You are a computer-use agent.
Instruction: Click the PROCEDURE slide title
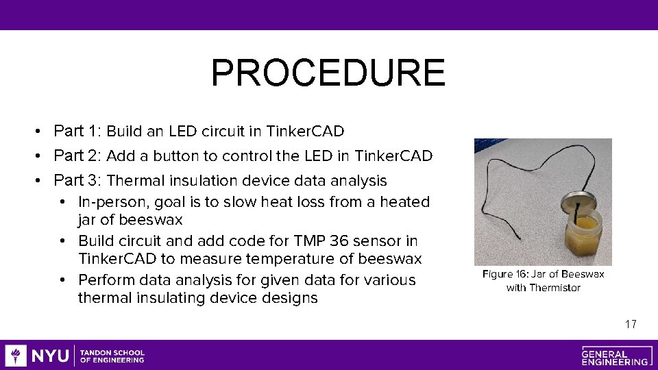click(x=328, y=73)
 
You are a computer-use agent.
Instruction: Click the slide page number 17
click(x=631, y=324)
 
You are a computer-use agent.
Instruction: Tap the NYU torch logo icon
click(x=16, y=356)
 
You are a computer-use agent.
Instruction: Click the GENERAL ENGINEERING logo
click(x=615, y=356)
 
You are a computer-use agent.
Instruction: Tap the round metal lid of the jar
click(x=572, y=203)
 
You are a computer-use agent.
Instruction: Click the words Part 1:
click(x=77, y=131)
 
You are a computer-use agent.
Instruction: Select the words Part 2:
click(x=77, y=156)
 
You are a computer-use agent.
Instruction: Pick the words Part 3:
click(x=77, y=180)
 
